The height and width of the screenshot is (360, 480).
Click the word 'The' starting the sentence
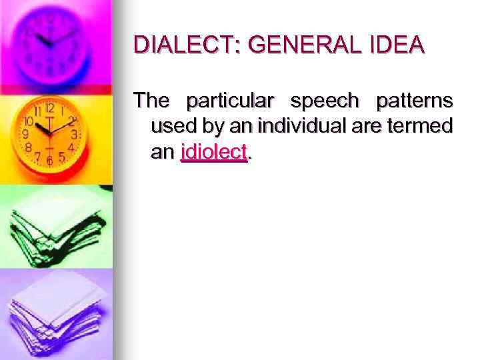pos(153,102)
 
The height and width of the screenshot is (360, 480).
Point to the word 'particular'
pos(231,102)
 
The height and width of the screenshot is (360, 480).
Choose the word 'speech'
pos(325,102)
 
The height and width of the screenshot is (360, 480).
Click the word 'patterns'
pos(415,102)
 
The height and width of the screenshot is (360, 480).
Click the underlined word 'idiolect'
pos(214,152)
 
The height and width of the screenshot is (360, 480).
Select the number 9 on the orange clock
pos(25,134)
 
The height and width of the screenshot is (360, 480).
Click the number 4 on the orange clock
pos(71,146)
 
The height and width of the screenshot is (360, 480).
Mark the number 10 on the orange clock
pos(29,122)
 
